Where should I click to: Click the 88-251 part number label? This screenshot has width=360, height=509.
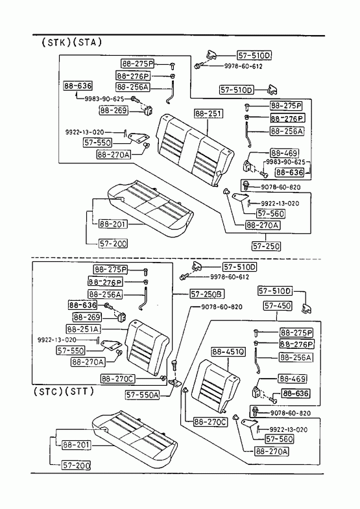[x=209, y=114]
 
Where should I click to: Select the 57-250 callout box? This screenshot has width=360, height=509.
[x=266, y=246]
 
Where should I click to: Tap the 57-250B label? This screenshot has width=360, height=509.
[x=207, y=294]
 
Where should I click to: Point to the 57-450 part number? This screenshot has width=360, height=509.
[x=278, y=306]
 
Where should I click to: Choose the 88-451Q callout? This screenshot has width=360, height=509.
[x=228, y=352]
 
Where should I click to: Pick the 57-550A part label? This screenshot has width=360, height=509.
[x=143, y=395]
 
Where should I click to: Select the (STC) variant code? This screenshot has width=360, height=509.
[x=48, y=392]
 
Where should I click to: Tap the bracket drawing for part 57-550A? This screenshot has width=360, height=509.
[x=177, y=383]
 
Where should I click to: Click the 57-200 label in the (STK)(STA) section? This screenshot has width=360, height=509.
[x=113, y=243]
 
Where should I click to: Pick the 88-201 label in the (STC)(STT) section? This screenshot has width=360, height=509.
[x=77, y=445]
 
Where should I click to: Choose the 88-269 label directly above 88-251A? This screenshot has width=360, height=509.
[x=87, y=317]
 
